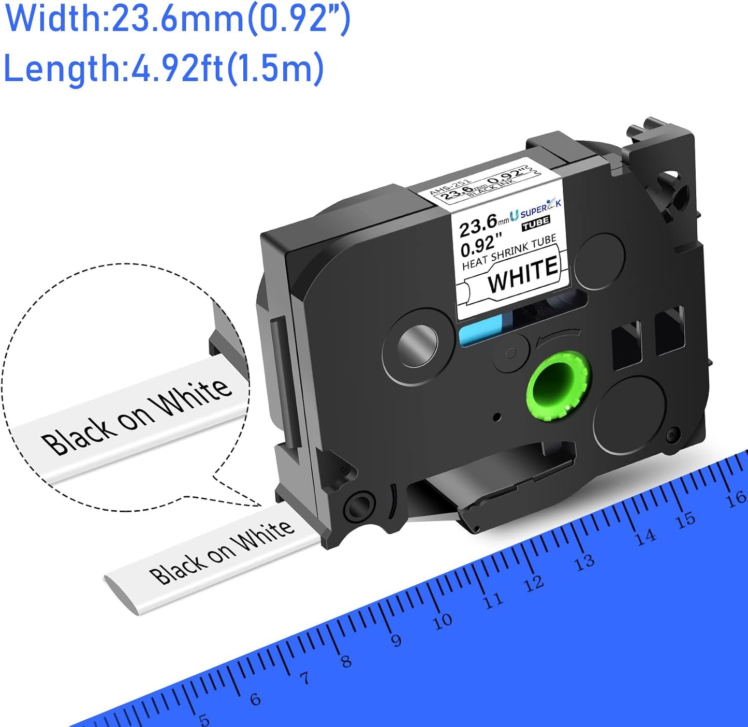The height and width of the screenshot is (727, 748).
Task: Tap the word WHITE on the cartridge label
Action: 523,273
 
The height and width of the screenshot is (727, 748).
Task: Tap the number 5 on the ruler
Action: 204,719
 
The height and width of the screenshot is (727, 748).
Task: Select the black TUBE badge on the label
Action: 535,222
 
